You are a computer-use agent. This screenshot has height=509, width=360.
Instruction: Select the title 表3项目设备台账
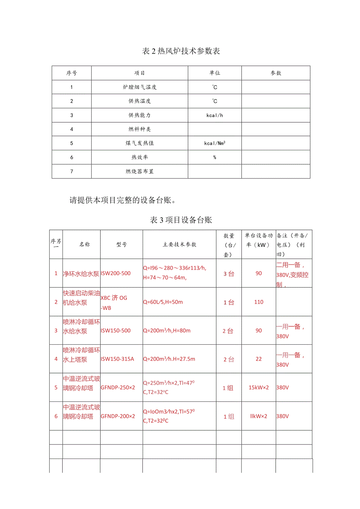point(181,220)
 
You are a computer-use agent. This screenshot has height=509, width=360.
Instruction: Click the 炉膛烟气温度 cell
point(140,87)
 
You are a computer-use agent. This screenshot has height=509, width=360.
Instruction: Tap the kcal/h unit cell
point(214,115)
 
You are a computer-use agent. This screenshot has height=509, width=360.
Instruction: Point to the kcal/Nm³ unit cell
point(214,143)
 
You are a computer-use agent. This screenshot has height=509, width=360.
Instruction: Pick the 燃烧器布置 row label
point(140,171)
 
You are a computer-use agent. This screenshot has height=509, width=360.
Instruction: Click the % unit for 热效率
point(214,157)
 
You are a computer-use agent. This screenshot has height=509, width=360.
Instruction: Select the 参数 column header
point(276,73)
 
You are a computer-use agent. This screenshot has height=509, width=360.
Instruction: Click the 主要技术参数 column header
point(180,245)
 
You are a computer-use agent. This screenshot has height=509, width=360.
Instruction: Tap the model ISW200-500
point(116,273)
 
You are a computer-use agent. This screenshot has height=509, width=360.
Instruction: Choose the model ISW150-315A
point(117,359)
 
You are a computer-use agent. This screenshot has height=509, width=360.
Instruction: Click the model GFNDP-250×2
point(118,387)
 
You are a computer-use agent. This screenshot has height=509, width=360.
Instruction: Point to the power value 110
point(259,302)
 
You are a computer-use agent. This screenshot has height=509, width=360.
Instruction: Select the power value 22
point(259,359)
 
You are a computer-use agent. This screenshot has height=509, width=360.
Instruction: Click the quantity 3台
point(229,273)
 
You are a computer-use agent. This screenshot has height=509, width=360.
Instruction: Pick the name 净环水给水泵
point(81,273)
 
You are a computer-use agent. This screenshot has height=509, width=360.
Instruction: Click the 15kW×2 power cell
point(259,387)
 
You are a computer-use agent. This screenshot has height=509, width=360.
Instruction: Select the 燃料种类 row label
point(140,129)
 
